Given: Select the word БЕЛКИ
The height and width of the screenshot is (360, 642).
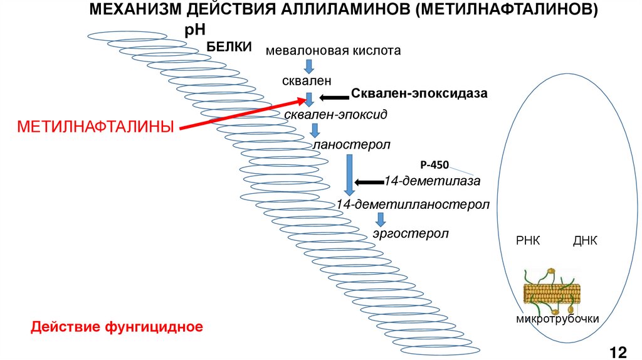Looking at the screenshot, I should [x=229, y=46].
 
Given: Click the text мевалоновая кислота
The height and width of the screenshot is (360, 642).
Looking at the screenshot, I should [x=333, y=50].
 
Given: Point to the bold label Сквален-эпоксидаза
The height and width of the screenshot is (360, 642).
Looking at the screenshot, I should [x=419, y=93].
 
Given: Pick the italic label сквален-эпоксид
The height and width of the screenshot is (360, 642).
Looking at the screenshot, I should [x=336, y=115].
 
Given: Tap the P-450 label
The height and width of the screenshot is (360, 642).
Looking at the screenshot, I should [x=434, y=166].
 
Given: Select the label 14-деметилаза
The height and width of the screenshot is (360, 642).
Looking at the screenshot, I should [x=433, y=181].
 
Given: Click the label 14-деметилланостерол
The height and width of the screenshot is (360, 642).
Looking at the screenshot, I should [x=412, y=204].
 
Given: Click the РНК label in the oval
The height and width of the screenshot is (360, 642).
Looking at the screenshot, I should [x=528, y=241].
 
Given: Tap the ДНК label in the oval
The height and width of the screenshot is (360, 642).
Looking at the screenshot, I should [x=585, y=241].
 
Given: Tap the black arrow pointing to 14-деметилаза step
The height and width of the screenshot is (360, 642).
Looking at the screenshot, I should [x=369, y=183].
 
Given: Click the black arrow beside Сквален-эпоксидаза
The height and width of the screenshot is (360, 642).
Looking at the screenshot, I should [x=334, y=97].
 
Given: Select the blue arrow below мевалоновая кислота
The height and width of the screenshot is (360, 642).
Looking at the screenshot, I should [x=309, y=66].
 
